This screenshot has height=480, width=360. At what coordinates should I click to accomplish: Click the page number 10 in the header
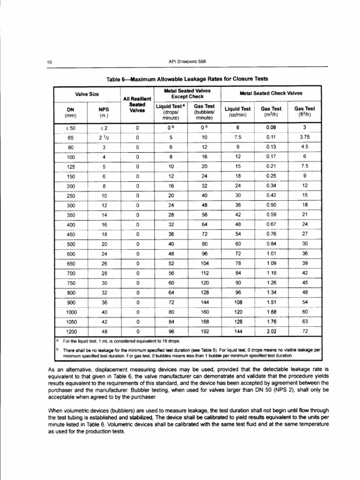coord(49,61)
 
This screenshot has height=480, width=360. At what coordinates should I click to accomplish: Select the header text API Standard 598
coord(187,61)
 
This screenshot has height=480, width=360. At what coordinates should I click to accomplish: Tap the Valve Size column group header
coord(84,94)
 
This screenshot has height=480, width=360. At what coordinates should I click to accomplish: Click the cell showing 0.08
coord(271,127)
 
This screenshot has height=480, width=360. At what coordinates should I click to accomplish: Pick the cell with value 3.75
coord(304,137)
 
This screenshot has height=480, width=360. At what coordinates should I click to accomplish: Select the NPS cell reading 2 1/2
coord(104,137)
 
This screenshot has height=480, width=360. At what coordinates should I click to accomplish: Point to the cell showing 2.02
coord(271,330)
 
